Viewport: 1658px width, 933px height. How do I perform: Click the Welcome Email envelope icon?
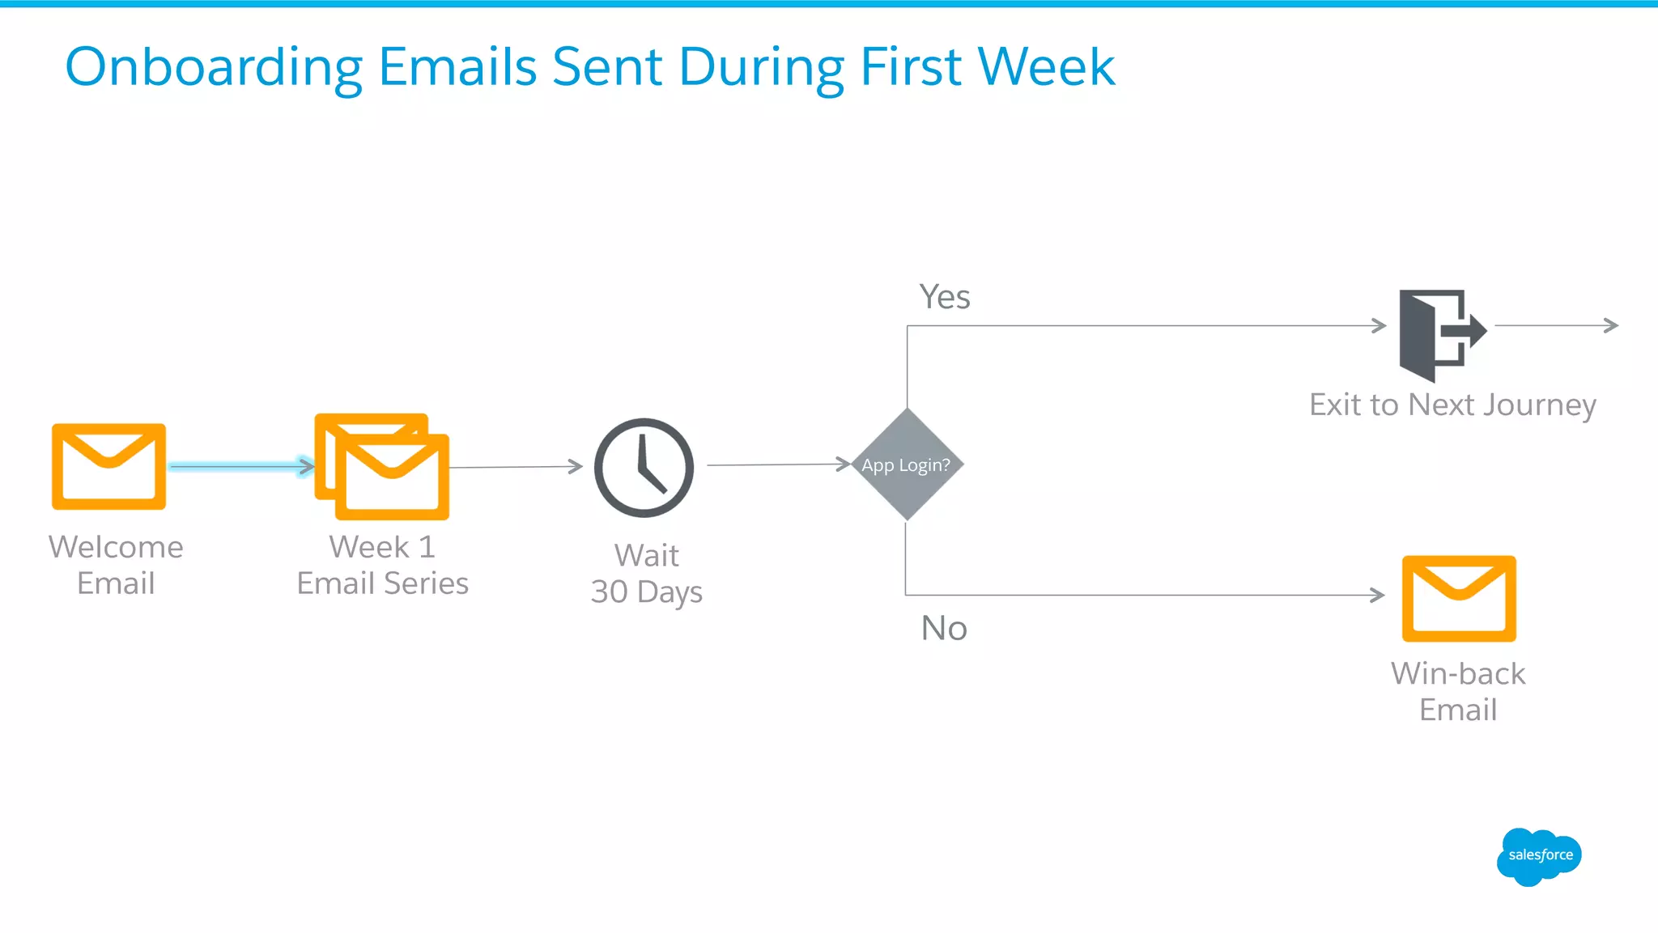108,467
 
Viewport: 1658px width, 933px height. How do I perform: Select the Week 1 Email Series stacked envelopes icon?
382,467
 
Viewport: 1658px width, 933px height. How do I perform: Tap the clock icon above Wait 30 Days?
644,468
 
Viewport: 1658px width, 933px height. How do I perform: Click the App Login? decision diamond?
907,464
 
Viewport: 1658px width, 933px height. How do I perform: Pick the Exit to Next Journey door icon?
1439,334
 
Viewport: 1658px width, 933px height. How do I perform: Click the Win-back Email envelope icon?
1459,598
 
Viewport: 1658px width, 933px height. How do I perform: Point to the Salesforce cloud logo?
1538,856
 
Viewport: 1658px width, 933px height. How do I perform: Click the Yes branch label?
944,297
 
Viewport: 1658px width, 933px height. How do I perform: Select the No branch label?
944,628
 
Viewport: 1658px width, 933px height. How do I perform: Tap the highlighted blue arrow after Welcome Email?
241,466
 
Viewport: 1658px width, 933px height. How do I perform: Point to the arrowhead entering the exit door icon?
1379,325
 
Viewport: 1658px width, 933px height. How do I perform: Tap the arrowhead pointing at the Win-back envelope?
1377,595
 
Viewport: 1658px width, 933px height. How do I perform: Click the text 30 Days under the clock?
646,592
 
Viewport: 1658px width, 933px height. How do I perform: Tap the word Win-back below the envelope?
1458,673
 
